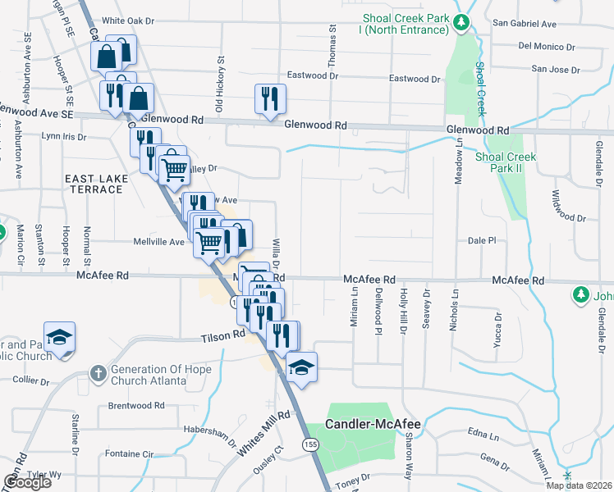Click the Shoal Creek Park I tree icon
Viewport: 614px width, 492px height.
(x=463, y=22)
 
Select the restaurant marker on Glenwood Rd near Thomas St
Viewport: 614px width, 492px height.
(x=270, y=99)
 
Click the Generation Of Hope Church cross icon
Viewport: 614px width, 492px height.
(x=98, y=373)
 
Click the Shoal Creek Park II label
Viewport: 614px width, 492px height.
(x=506, y=162)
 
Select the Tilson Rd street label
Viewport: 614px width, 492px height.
(x=223, y=335)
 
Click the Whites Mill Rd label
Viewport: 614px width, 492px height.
(x=263, y=435)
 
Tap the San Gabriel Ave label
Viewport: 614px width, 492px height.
(x=524, y=24)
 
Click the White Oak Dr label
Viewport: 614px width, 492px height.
(x=129, y=20)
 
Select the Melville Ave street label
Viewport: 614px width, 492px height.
(x=159, y=242)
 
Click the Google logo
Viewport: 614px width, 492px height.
(x=27, y=481)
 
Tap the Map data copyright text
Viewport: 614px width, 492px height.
(x=579, y=485)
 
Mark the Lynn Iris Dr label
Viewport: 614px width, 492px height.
(x=63, y=136)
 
